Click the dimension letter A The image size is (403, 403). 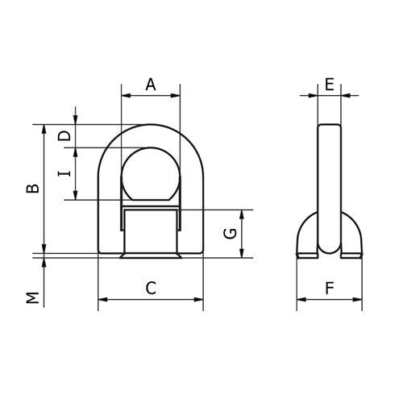(x=150, y=83)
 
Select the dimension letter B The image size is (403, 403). (x=31, y=189)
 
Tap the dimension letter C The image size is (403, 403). (x=150, y=287)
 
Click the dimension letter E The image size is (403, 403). (x=329, y=83)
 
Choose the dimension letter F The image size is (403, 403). (x=329, y=287)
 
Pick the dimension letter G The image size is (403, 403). (x=230, y=234)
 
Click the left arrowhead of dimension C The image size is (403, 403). (x=102, y=301)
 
